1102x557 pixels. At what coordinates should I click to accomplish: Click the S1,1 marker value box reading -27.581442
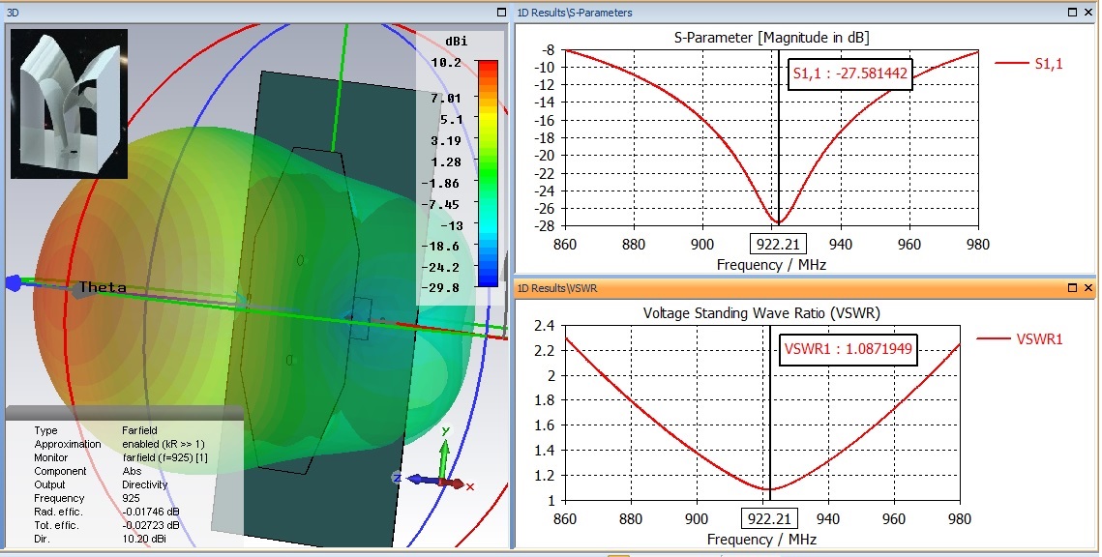point(850,73)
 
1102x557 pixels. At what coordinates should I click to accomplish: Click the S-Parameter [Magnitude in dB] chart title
point(771,38)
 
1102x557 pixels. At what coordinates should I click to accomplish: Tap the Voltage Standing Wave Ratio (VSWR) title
point(761,313)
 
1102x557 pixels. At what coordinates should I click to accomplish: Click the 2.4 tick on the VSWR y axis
point(545,326)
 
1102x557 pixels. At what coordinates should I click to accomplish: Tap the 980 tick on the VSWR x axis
point(960,519)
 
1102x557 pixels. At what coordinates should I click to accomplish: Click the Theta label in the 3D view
point(103,287)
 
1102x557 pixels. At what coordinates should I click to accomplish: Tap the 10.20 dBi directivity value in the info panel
point(141,539)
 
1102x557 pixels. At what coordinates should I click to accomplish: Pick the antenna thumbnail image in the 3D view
point(69,103)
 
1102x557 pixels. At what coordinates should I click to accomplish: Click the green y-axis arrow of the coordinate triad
point(444,450)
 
